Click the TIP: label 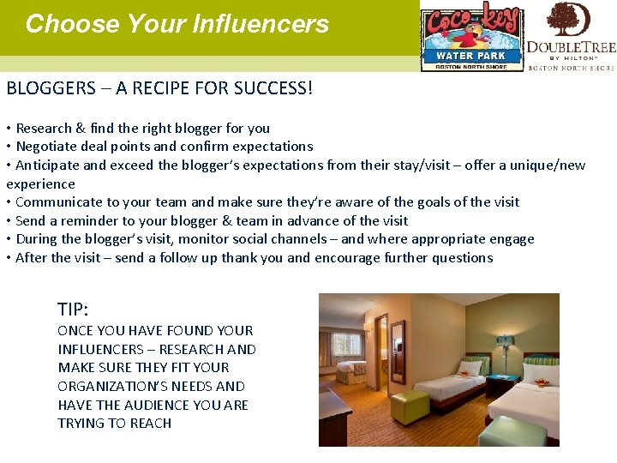pos(74,310)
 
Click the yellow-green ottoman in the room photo pos(409,406)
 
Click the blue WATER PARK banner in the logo pos(470,56)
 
